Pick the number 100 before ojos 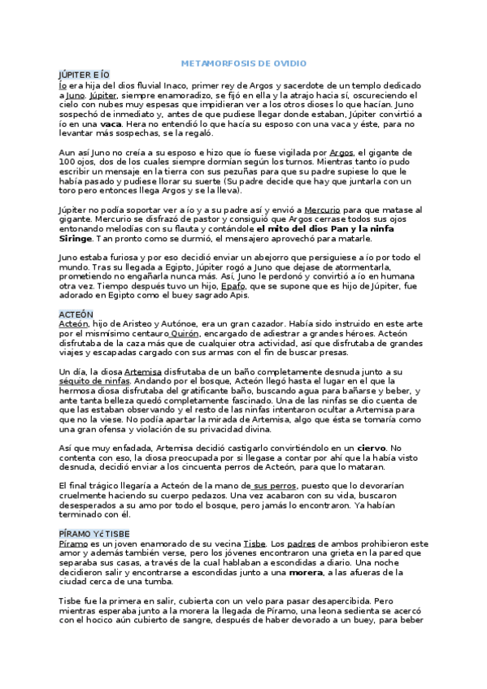[68, 162]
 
